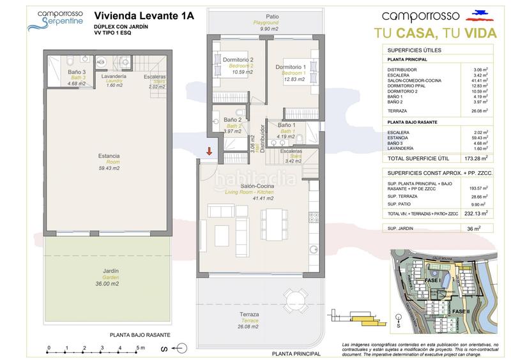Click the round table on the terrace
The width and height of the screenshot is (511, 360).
point(295,301)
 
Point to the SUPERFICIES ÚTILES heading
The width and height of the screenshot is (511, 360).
point(415,50)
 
